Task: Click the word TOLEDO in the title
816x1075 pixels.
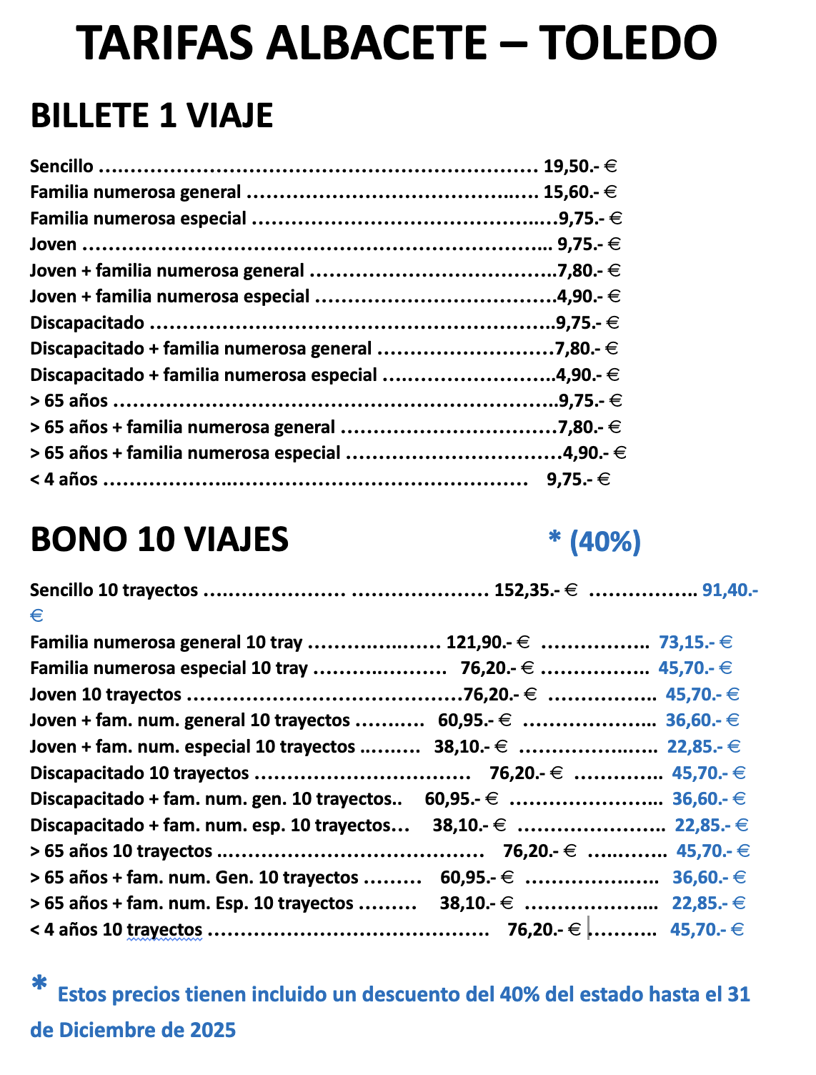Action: coord(627,43)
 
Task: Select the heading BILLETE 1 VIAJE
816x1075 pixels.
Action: coord(151,116)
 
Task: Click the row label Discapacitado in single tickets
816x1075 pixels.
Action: coord(87,323)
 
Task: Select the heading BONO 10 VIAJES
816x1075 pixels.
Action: coord(159,540)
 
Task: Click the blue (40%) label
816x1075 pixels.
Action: coord(604,542)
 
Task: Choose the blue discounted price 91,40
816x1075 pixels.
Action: coord(730,590)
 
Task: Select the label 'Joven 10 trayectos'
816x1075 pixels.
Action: coord(106,695)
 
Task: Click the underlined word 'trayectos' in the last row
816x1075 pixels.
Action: coord(164,930)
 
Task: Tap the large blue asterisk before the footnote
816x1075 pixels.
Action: coord(39,984)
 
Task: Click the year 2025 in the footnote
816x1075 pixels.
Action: coord(213,1030)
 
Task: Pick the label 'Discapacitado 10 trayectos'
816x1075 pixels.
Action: coord(139,773)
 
